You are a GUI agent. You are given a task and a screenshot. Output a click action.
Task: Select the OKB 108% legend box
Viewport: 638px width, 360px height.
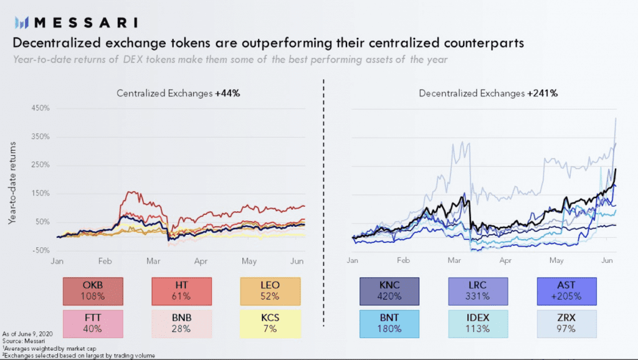(x=93, y=290)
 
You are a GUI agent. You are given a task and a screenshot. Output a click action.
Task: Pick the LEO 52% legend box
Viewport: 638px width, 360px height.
(x=270, y=290)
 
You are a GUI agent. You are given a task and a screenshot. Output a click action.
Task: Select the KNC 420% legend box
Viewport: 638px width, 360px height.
(x=389, y=290)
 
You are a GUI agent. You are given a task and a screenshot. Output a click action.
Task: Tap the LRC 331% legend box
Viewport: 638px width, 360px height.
(x=478, y=290)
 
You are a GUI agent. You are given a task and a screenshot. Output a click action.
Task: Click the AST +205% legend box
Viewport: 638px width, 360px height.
(x=566, y=290)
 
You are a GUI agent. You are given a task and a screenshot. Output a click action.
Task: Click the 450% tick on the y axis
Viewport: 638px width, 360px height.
(x=40, y=108)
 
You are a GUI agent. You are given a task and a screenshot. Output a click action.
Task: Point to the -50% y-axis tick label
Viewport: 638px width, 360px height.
(x=40, y=250)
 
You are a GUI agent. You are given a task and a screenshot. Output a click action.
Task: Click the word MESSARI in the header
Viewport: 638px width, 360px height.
(x=87, y=22)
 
